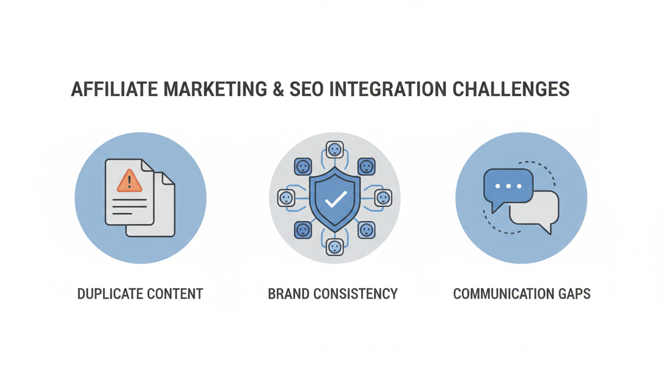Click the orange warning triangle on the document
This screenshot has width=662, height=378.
(x=130, y=181)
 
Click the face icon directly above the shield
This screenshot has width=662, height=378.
(x=335, y=149)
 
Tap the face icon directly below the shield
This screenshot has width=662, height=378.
(x=335, y=246)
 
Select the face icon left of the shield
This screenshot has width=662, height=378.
(x=286, y=198)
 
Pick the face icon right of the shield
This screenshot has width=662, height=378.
(x=383, y=198)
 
